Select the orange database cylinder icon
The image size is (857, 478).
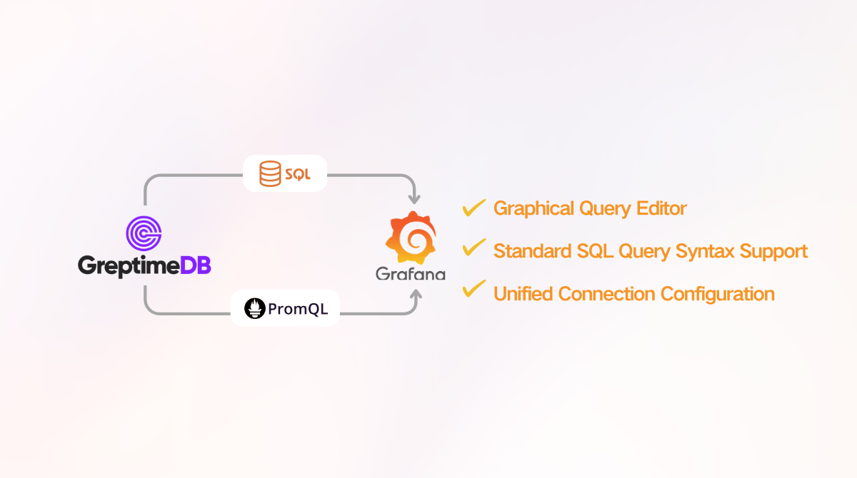(x=270, y=173)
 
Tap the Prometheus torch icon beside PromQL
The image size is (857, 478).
(x=254, y=308)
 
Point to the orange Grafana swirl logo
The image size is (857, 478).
(x=411, y=238)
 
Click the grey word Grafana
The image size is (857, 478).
(x=411, y=274)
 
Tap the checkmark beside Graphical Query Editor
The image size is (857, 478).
(x=474, y=208)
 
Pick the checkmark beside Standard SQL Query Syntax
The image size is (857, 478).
(x=474, y=249)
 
